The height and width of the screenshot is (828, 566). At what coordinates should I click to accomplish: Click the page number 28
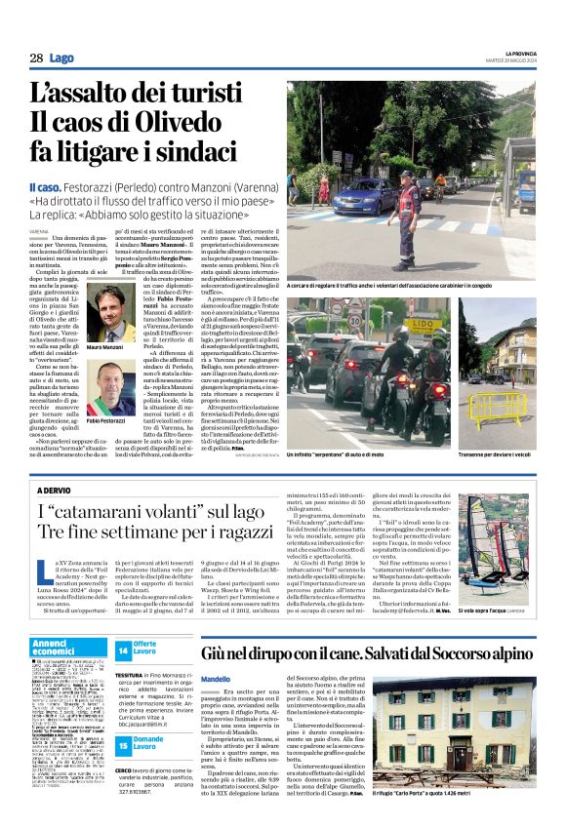35,59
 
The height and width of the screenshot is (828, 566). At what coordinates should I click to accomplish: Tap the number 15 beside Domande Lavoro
123,719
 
